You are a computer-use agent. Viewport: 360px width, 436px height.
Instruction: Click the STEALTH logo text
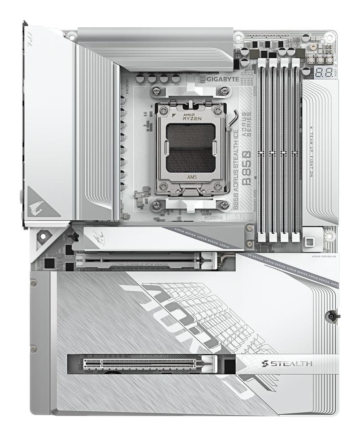(286, 364)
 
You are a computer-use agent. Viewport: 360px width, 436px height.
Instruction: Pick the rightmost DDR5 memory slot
(295, 149)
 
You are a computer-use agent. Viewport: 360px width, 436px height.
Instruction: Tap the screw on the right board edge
(332, 316)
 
